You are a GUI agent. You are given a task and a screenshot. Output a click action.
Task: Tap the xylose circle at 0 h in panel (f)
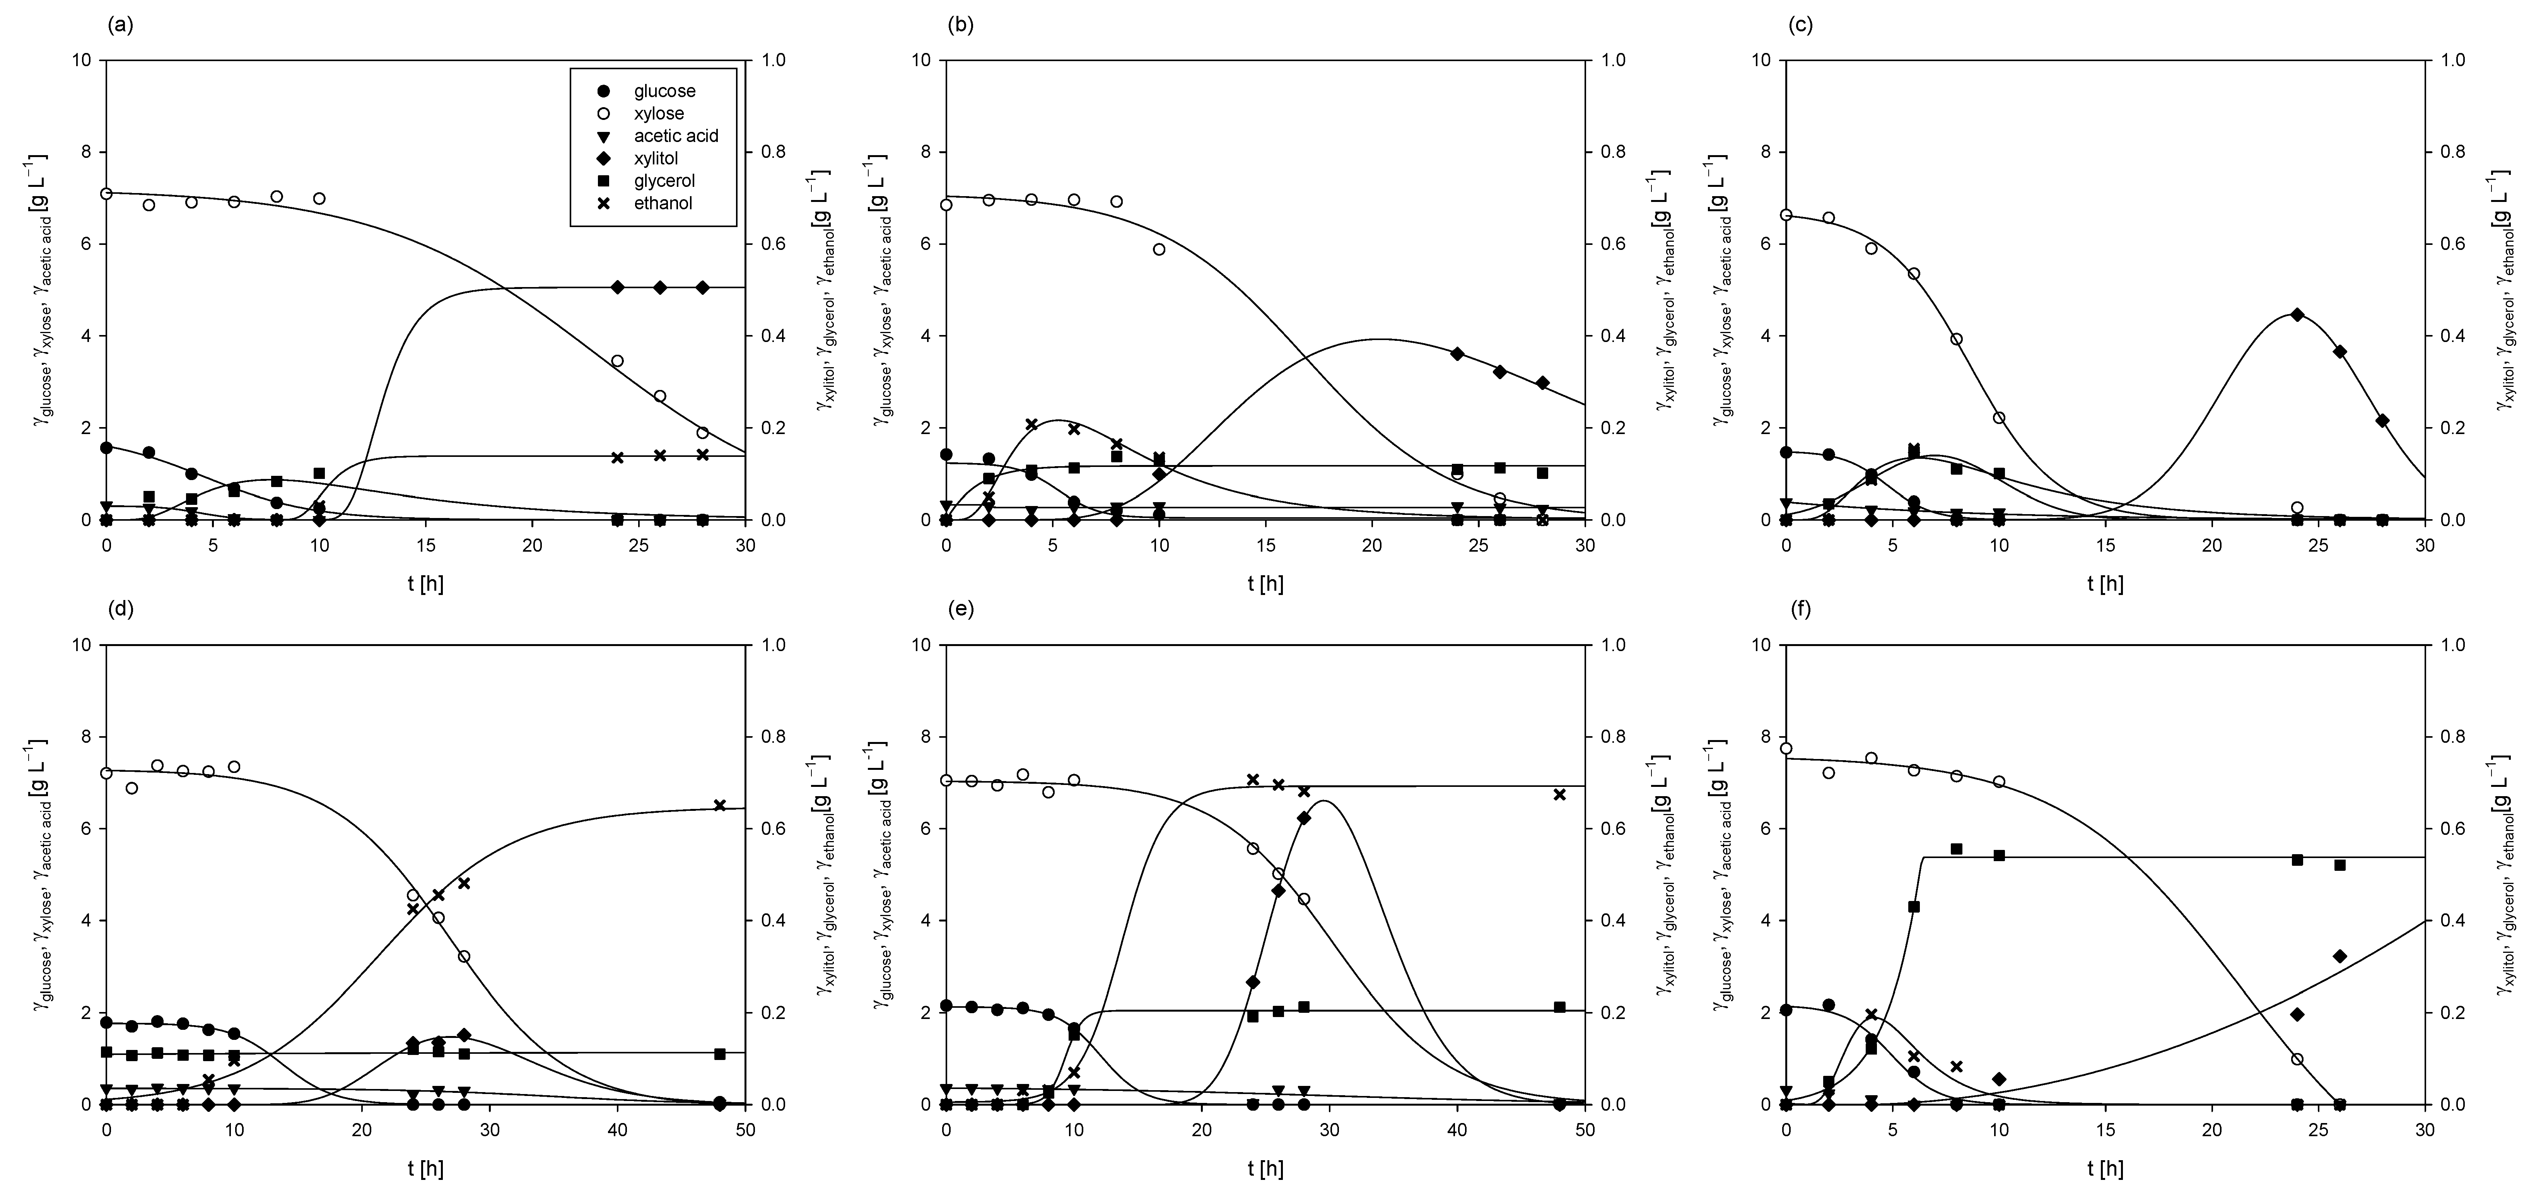click(x=1786, y=748)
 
